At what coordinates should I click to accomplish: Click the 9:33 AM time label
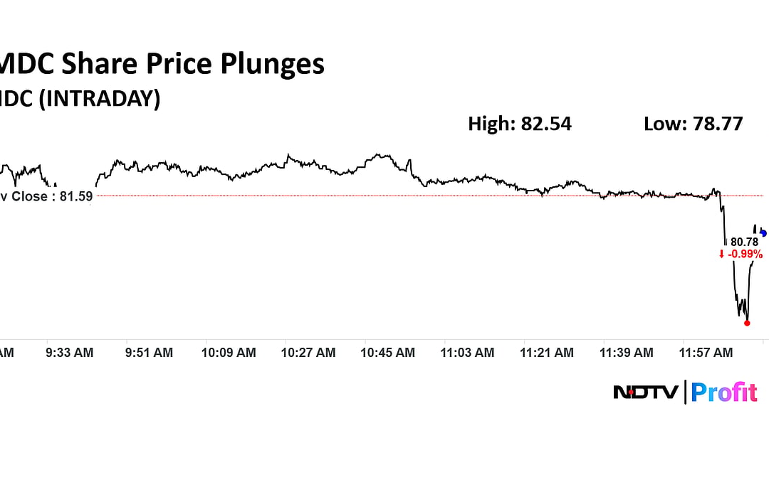(70, 353)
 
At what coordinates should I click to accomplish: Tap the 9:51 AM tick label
(149, 353)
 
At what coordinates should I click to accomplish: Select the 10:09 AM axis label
(229, 353)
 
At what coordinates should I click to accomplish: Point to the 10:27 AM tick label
(308, 353)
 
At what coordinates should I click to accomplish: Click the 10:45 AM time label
(388, 353)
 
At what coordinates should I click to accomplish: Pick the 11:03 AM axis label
(467, 353)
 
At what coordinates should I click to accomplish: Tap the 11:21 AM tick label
(547, 353)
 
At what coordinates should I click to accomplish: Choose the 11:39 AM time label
(627, 353)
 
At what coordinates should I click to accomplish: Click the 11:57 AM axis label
(706, 353)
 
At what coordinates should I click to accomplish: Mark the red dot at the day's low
(747, 323)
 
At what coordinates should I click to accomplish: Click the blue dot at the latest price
(763, 233)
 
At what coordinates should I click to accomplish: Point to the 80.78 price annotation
(744, 242)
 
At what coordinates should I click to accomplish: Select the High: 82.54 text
(519, 124)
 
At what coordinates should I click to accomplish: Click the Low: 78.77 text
(693, 124)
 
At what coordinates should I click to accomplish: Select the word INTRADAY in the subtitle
(98, 98)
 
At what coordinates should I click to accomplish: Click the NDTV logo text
(646, 392)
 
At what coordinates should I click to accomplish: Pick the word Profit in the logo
(724, 392)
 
